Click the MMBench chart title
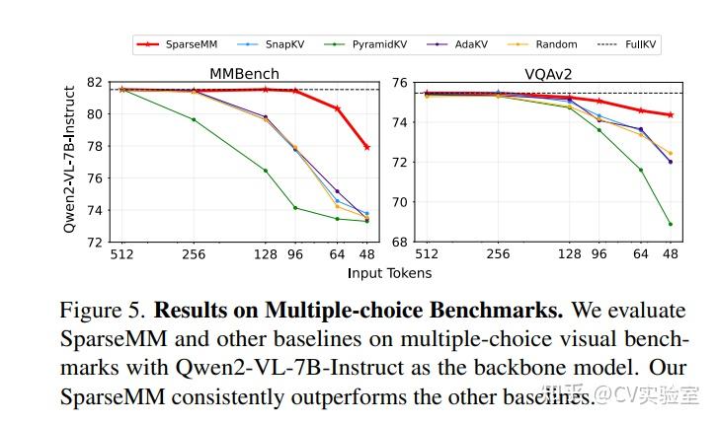(x=243, y=73)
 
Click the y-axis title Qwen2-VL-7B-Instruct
(x=71, y=162)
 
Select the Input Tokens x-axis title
(x=389, y=272)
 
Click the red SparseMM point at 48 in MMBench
(x=366, y=147)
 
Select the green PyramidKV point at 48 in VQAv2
(x=670, y=224)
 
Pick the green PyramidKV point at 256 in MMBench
(x=194, y=120)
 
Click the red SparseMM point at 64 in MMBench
(x=337, y=108)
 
